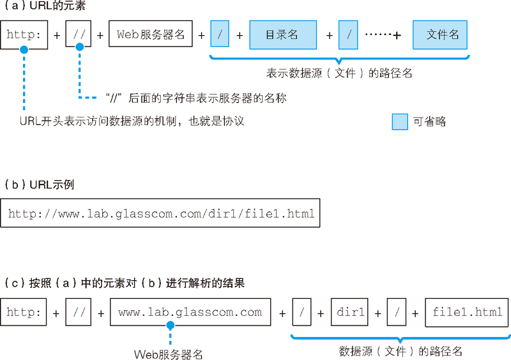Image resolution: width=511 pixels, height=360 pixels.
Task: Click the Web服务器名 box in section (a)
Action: [151, 34]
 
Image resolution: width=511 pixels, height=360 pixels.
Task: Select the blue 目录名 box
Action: [283, 35]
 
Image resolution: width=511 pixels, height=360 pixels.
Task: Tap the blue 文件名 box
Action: [440, 35]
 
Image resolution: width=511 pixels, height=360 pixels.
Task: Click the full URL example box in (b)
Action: [160, 214]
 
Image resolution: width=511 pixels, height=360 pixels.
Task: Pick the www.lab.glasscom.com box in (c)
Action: [190, 313]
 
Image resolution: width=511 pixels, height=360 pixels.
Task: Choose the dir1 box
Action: [350, 313]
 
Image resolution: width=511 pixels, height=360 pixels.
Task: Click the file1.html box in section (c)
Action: [466, 313]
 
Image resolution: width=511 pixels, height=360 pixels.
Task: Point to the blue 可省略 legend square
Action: [399, 121]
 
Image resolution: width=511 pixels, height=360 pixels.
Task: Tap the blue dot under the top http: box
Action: [24, 49]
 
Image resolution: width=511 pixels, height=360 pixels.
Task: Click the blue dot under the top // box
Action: [79, 47]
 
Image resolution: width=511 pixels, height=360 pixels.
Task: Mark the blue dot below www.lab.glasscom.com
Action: [170, 326]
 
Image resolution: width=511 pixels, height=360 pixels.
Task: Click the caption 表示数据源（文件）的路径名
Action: [339, 73]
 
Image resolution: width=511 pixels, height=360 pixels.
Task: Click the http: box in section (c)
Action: [24, 313]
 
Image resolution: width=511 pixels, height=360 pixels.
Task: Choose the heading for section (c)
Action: [124, 283]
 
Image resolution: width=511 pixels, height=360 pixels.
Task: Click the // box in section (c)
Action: [79, 313]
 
